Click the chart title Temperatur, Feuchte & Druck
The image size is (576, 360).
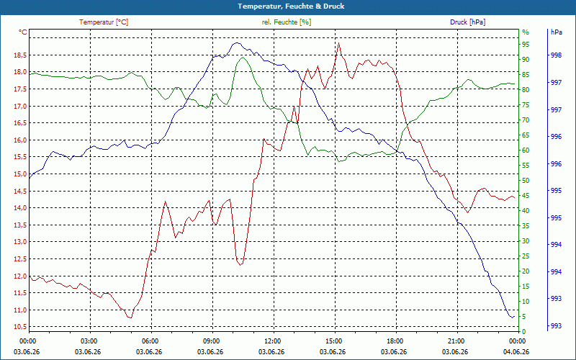coord(291,6)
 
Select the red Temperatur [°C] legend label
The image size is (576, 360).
coord(104,22)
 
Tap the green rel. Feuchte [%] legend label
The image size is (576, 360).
coord(287,22)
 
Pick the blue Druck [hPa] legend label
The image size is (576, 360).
coord(467,22)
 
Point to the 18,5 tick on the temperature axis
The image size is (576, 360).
coord(20,55)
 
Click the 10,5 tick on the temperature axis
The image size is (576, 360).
coord(20,327)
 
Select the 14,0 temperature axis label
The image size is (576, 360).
coord(20,208)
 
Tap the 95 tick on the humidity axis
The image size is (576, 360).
coord(526,45)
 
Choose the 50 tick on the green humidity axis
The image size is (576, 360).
coord(526,181)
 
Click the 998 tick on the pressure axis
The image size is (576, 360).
coord(557,55)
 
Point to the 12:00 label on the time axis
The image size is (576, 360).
coord(273,341)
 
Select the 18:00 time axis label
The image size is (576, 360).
coord(395,341)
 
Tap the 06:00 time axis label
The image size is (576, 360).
coord(150,341)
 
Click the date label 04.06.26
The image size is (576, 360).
coord(516,352)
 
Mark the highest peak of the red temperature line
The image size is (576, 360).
coord(338,43)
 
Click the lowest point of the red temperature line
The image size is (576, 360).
coord(130,318)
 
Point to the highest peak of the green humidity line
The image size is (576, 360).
coord(243,58)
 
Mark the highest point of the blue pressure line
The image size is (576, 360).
coord(237,43)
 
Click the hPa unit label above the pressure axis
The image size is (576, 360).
coord(557,32)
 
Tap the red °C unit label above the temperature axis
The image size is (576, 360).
coord(23,32)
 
